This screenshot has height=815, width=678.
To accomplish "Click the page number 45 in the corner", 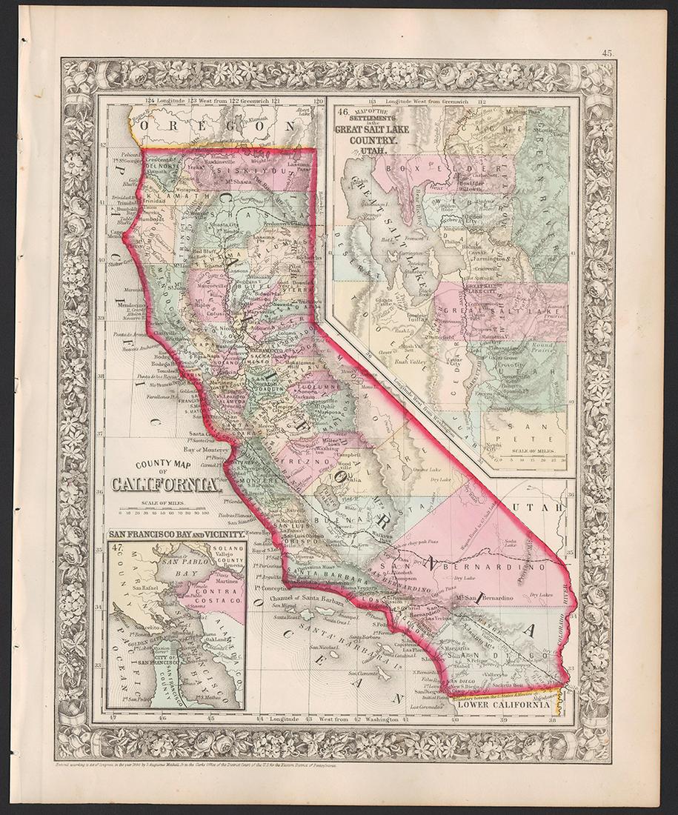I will pyautogui.click(x=607, y=53).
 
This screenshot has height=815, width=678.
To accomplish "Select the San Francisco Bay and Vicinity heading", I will pyautogui.click(x=176, y=534).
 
